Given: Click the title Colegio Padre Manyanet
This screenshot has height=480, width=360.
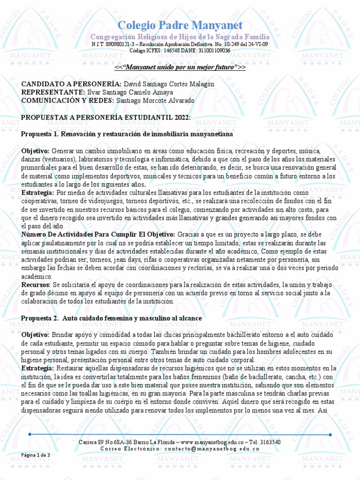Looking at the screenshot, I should tap(180, 25).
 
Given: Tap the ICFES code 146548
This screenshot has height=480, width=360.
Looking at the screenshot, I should tap(173, 50).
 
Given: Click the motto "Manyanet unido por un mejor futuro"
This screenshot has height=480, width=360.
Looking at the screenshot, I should tap(180, 67).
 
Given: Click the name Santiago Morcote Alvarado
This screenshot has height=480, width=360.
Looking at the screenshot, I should tap(155, 101).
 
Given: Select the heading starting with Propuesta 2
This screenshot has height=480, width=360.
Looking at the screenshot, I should tap(112, 318).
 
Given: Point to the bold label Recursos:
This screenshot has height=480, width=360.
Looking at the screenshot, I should tap(36, 285).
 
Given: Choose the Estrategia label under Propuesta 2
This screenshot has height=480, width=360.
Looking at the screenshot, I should tap(37, 368).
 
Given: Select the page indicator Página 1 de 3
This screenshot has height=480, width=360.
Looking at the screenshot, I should tap(36, 455).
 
